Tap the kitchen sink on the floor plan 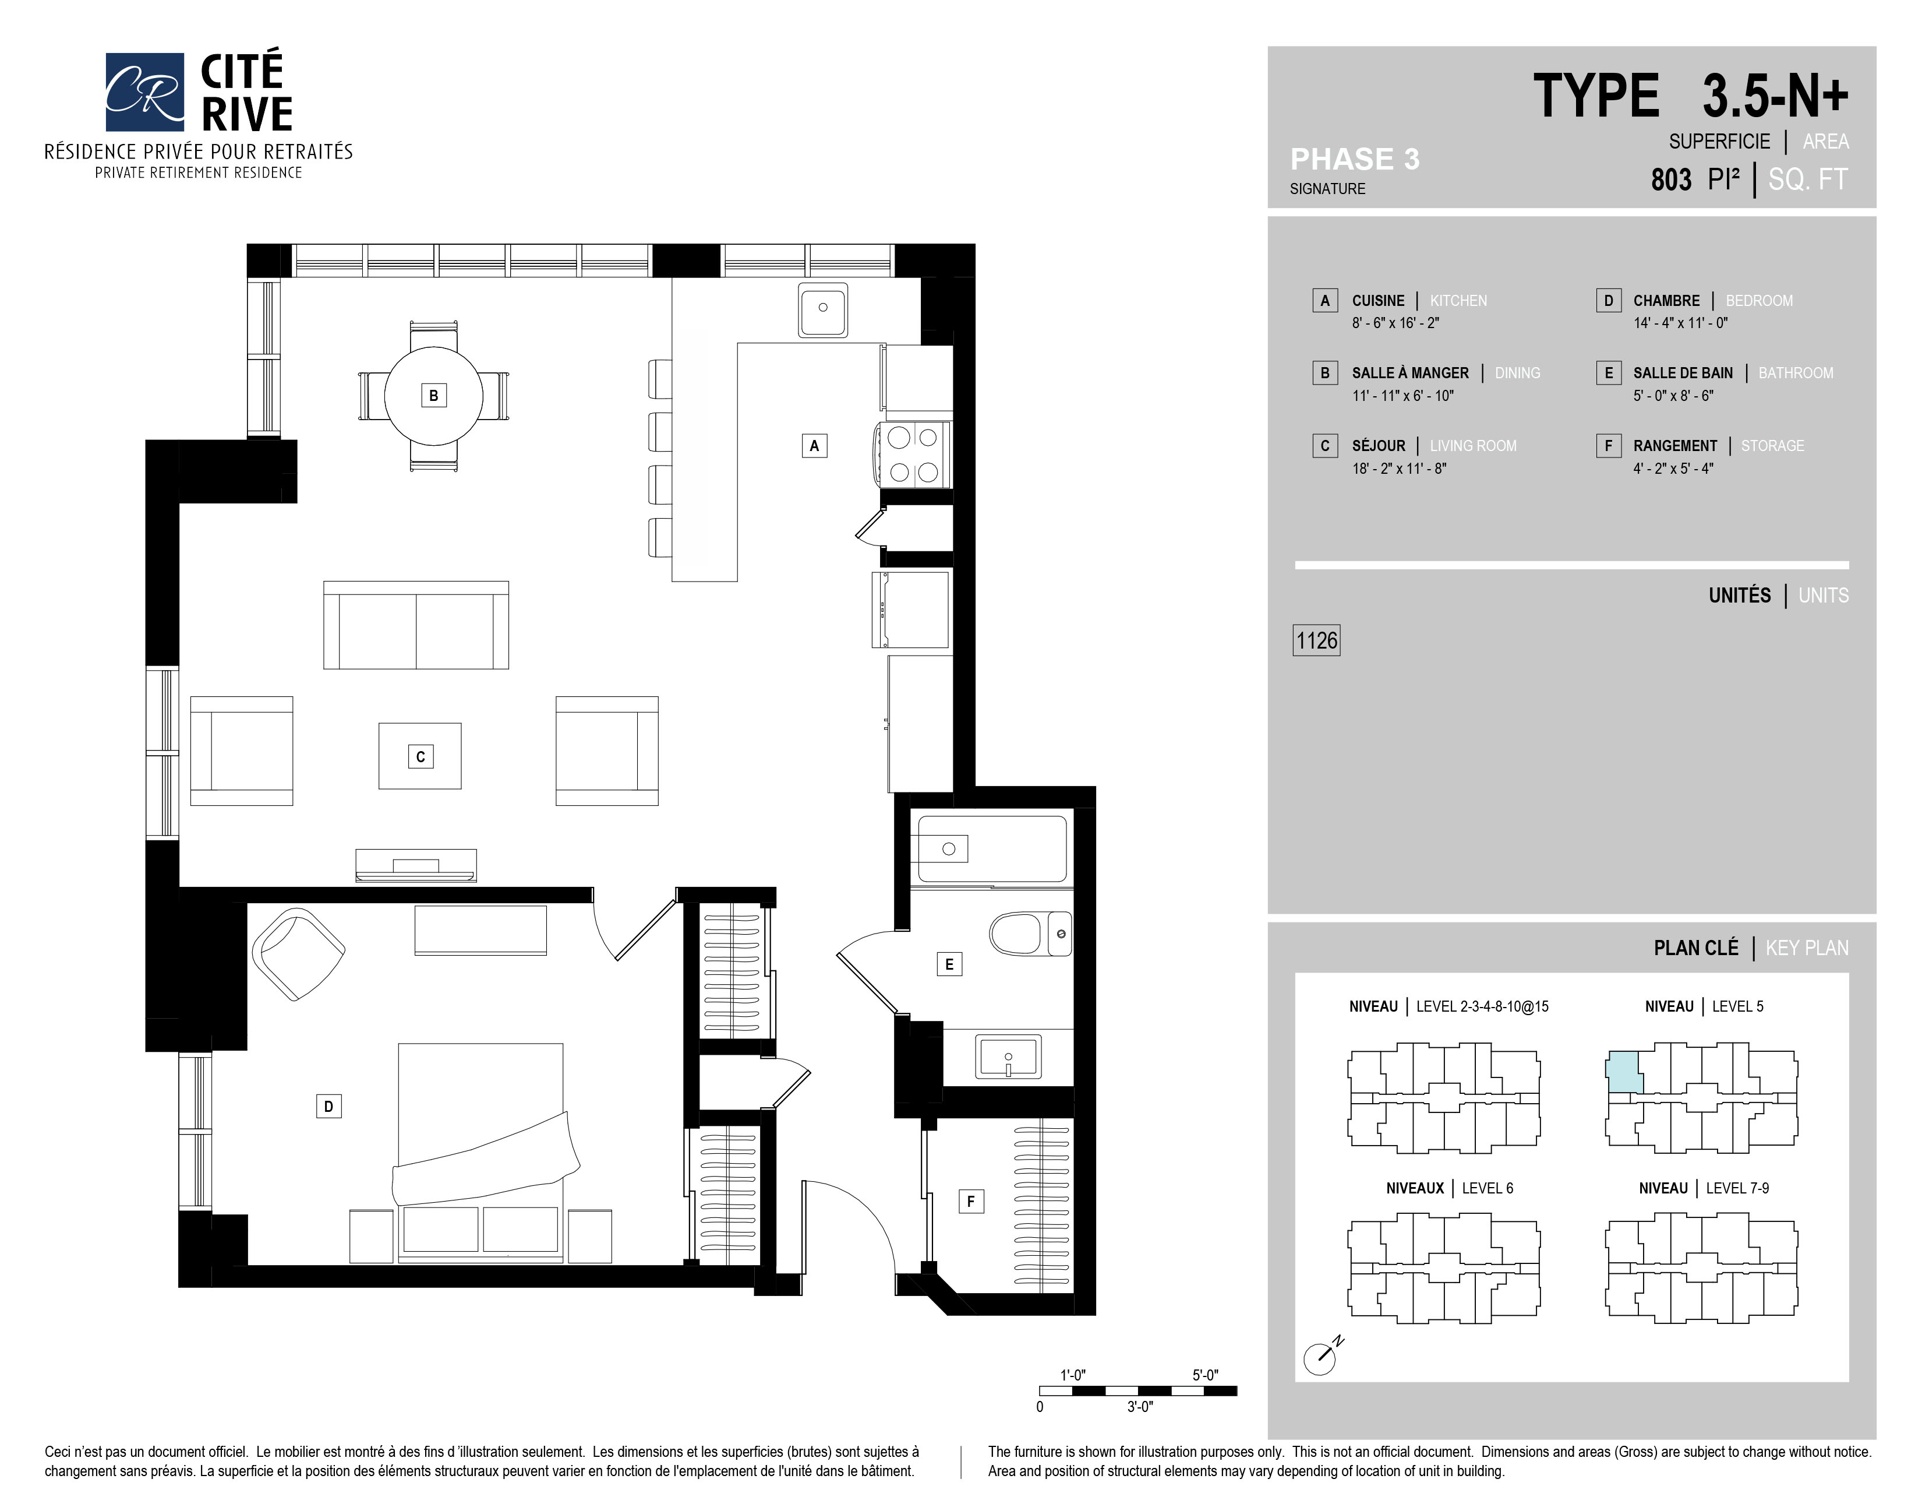pyautogui.click(x=823, y=309)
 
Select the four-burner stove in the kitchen pyautogui.click(x=913, y=455)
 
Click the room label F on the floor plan pyautogui.click(x=971, y=1201)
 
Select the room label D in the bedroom pyautogui.click(x=328, y=1107)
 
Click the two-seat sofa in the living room pyautogui.click(x=415, y=626)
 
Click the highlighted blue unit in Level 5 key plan pyautogui.click(x=1624, y=1072)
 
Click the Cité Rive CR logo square pyautogui.click(x=144, y=91)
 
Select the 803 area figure pyautogui.click(x=1670, y=179)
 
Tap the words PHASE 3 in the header pyautogui.click(x=1354, y=159)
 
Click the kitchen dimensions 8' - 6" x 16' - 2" pyautogui.click(x=1395, y=323)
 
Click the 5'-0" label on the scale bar pyautogui.click(x=1205, y=1375)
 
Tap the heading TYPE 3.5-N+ pyautogui.click(x=1690, y=96)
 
